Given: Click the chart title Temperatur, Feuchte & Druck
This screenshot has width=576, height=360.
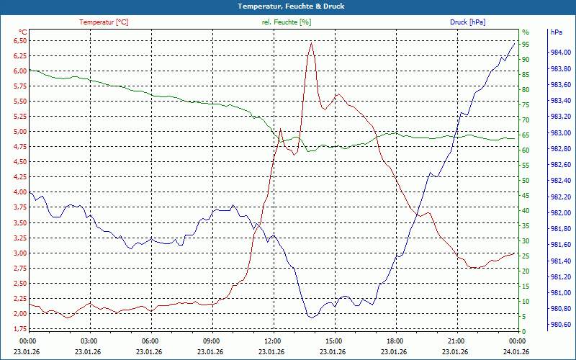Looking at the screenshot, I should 287,6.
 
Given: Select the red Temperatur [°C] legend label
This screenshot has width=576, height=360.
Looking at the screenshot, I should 104,22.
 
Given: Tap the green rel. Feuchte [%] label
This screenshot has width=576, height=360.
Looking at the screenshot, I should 287,22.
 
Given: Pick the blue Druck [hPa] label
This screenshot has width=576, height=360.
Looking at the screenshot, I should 467,22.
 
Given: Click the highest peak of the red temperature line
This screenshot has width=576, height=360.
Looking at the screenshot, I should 311,42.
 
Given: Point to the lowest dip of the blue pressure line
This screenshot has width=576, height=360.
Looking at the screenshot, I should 310,318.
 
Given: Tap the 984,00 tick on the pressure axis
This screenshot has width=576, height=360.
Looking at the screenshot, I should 561,53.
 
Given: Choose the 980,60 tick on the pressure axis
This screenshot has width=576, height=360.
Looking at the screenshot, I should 561,325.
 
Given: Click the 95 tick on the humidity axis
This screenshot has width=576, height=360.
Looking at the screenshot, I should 526,44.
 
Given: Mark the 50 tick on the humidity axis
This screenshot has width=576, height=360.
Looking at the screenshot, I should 526,180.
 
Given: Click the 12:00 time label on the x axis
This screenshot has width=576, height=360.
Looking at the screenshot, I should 273,341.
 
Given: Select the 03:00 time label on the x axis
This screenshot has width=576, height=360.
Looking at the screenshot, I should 89,341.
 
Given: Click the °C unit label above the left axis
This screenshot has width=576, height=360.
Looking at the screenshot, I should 23,32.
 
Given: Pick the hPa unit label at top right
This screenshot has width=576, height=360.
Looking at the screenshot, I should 557,32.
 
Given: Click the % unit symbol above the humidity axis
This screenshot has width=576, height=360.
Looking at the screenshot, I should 526,32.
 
